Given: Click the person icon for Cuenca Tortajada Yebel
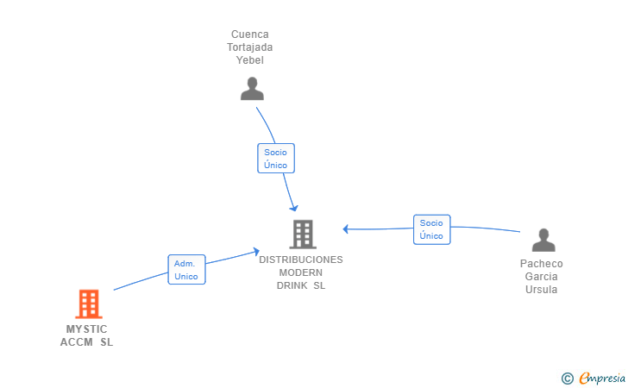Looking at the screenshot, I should pos(251,88).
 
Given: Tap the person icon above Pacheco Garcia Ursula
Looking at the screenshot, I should pos(543,240).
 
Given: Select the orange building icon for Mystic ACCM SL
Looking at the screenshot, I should pos(89,304).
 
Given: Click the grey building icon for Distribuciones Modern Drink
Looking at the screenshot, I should pos(302,234).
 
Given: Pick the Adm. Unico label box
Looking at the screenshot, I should pos(186,270).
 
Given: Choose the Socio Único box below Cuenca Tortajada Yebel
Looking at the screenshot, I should pos(276,159).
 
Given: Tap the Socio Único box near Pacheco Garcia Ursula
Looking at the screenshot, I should pos(431,229).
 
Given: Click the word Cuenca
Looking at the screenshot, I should pos(250,34).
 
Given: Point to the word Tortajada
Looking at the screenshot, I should pos(250,47).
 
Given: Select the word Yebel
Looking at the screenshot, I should pos(250,60).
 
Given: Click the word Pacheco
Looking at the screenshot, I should pos(542,264).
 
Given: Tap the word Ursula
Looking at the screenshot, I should pos(542,290).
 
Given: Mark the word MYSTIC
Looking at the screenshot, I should pos(87,329).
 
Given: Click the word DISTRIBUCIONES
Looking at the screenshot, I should pos(301,260).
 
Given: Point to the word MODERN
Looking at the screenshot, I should pos(301,272).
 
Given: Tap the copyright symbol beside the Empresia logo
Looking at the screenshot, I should pos(567,378).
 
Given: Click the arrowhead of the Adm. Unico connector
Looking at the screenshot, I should pos(256,251).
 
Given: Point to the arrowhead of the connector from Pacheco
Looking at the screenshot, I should pos(345,228).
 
